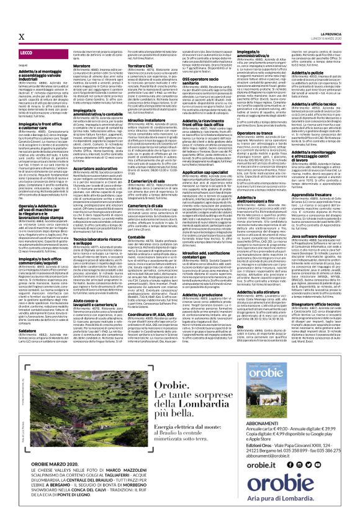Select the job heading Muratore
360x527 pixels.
92,84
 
